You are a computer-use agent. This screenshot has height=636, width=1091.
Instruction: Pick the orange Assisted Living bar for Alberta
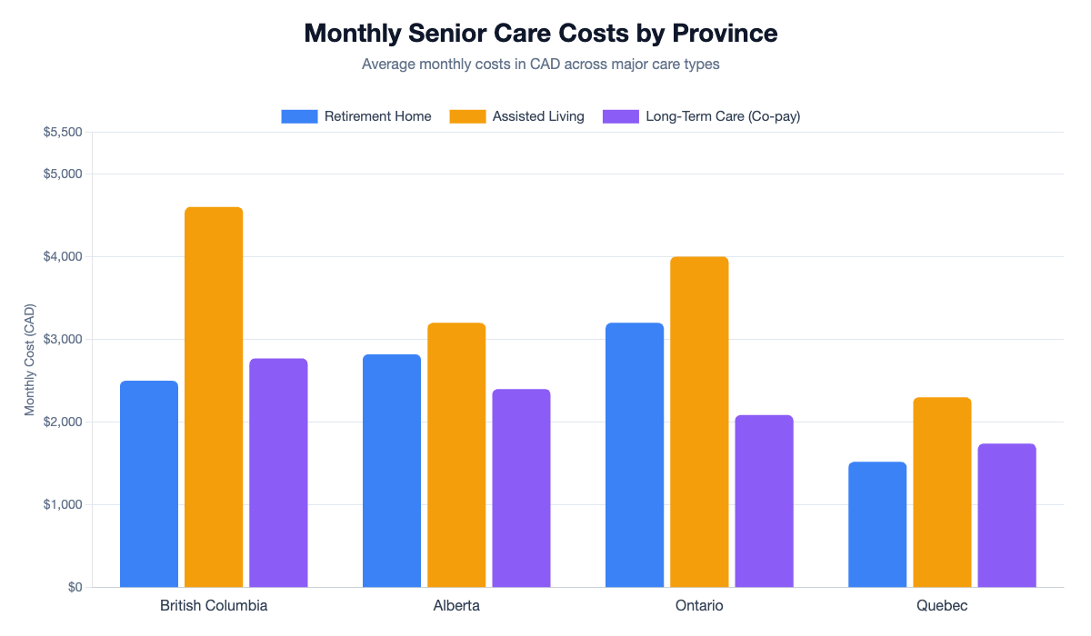(x=456, y=454)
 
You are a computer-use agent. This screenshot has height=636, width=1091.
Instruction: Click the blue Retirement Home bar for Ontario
(x=635, y=454)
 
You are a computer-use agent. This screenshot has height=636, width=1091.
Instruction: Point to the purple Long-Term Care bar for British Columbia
(x=278, y=472)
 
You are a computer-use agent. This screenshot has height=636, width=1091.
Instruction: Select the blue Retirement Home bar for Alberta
(x=392, y=471)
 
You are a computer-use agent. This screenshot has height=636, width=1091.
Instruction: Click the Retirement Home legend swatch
(x=299, y=116)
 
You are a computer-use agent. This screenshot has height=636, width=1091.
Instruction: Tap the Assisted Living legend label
(x=538, y=116)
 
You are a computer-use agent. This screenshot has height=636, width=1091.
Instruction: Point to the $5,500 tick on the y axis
(x=63, y=133)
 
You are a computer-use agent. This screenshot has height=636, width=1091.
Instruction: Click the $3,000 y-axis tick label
(x=63, y=340)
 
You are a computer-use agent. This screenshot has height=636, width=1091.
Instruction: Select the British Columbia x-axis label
(x=214, y=605)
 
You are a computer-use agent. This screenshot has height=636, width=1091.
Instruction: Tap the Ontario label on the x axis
(x=699, y=605)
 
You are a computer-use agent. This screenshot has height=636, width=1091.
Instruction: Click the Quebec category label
(x=942, y=605)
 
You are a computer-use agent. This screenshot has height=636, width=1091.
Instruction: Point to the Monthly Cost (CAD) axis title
(x=30, y=360)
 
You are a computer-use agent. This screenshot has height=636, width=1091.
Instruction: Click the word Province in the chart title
(x=725, y=34)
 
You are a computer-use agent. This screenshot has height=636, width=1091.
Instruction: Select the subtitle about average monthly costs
(x=541, y=65)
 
